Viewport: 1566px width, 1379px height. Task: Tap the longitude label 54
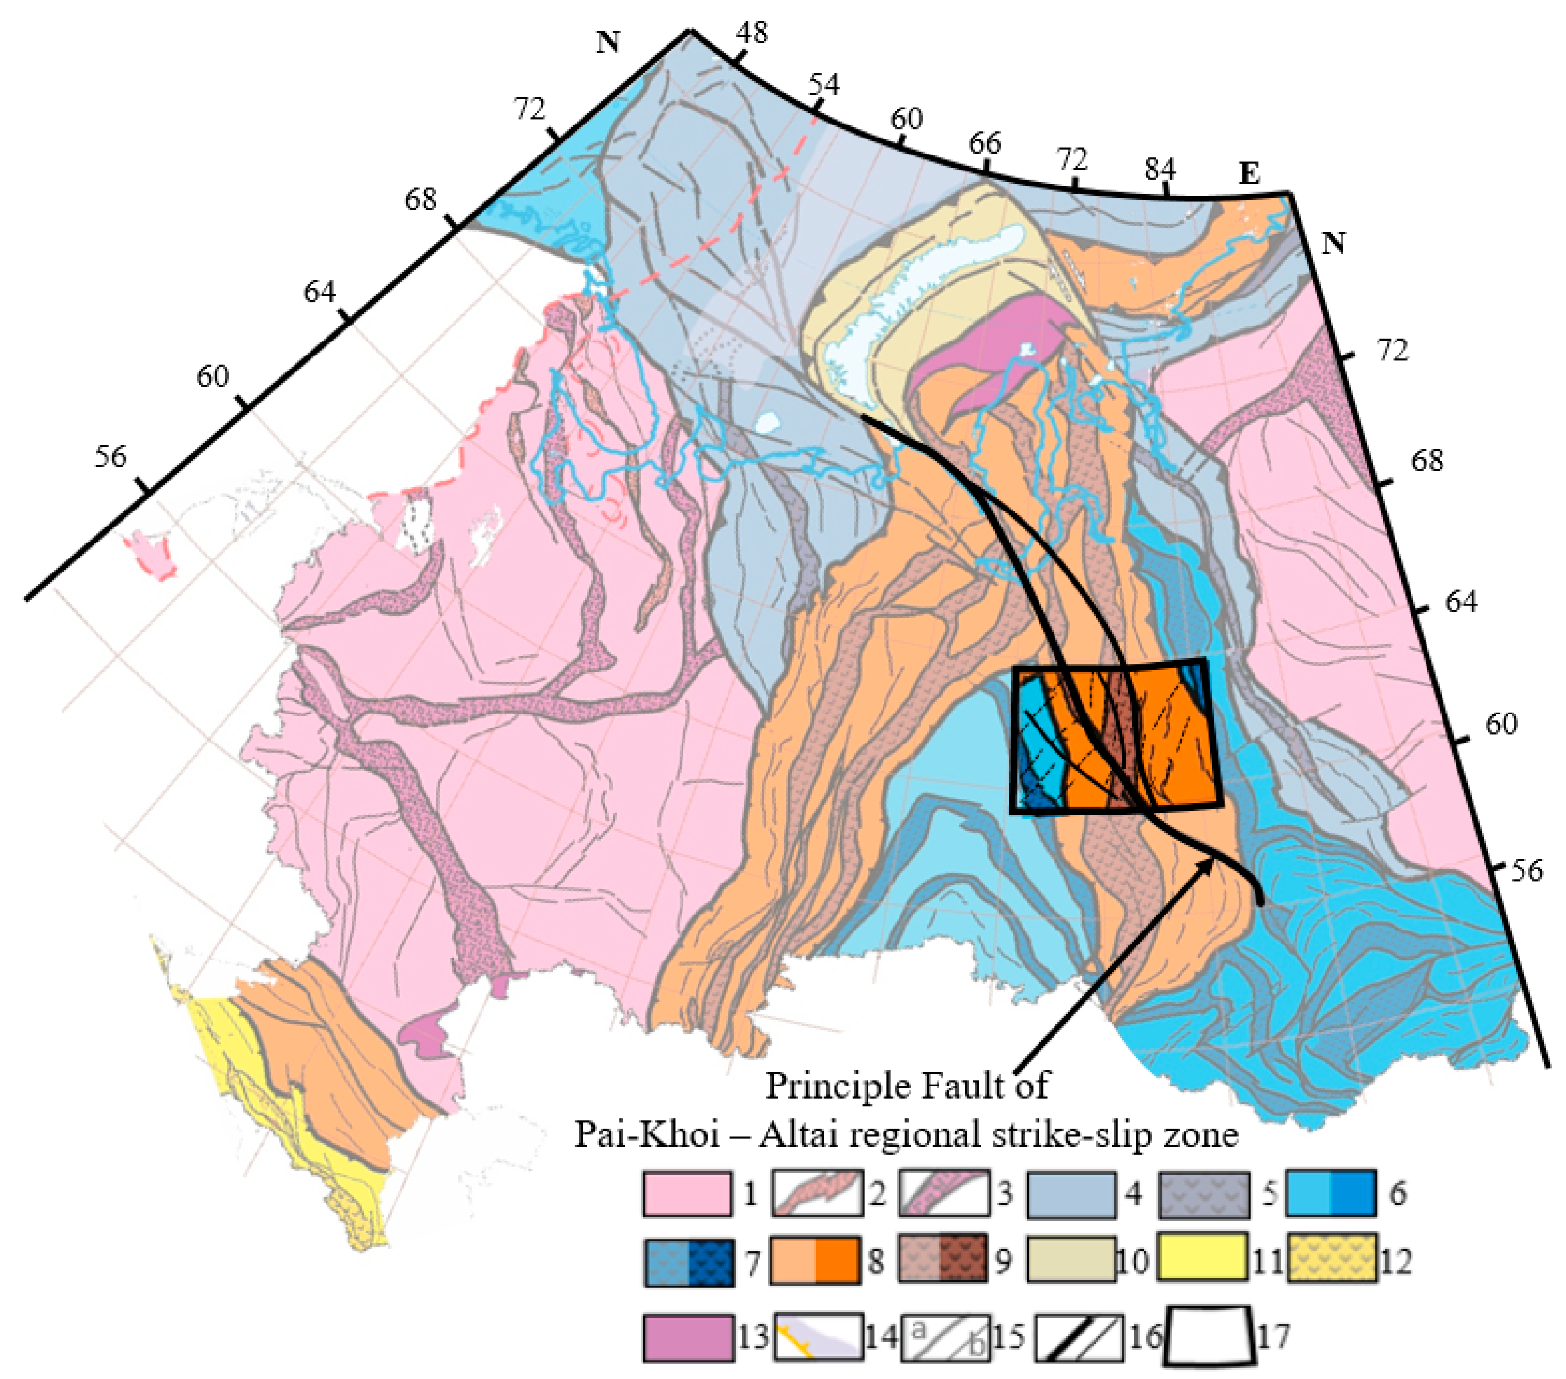823,84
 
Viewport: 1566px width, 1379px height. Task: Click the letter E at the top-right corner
1249,175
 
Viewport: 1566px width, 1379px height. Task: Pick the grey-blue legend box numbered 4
1071,1193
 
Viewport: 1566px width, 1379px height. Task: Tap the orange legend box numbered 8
815,1259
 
